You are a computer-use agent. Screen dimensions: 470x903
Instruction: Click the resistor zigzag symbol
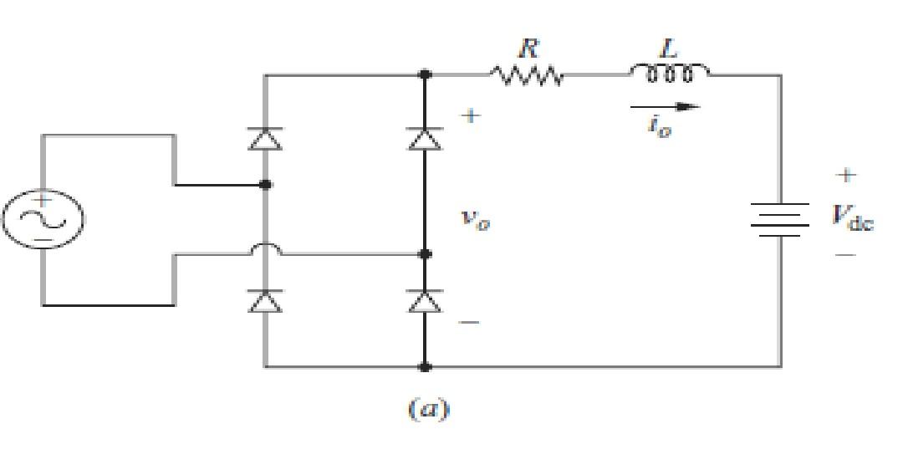(x=528, y=76)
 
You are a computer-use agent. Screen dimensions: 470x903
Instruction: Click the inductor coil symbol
(x=669, y=74)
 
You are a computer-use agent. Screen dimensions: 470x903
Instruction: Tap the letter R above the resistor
(x=527, y=49)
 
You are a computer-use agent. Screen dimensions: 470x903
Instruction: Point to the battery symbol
(x=782, y=220)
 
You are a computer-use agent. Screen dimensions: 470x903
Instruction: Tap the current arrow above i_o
(x=665, y=106)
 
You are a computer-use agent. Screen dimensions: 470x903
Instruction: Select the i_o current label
(x=660, y=127)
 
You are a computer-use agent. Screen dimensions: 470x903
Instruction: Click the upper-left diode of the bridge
(x=265, y=139)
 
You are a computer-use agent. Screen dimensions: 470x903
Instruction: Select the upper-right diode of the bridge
(x=425, y=139)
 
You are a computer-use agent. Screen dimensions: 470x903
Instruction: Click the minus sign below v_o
(x=470, y=322)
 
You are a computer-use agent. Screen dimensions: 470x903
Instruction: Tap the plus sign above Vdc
(x=846, y=176)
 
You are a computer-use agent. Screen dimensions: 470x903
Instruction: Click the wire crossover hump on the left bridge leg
(x=265, y=249)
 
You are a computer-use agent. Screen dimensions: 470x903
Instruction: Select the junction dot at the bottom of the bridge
(x=425, y=366)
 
